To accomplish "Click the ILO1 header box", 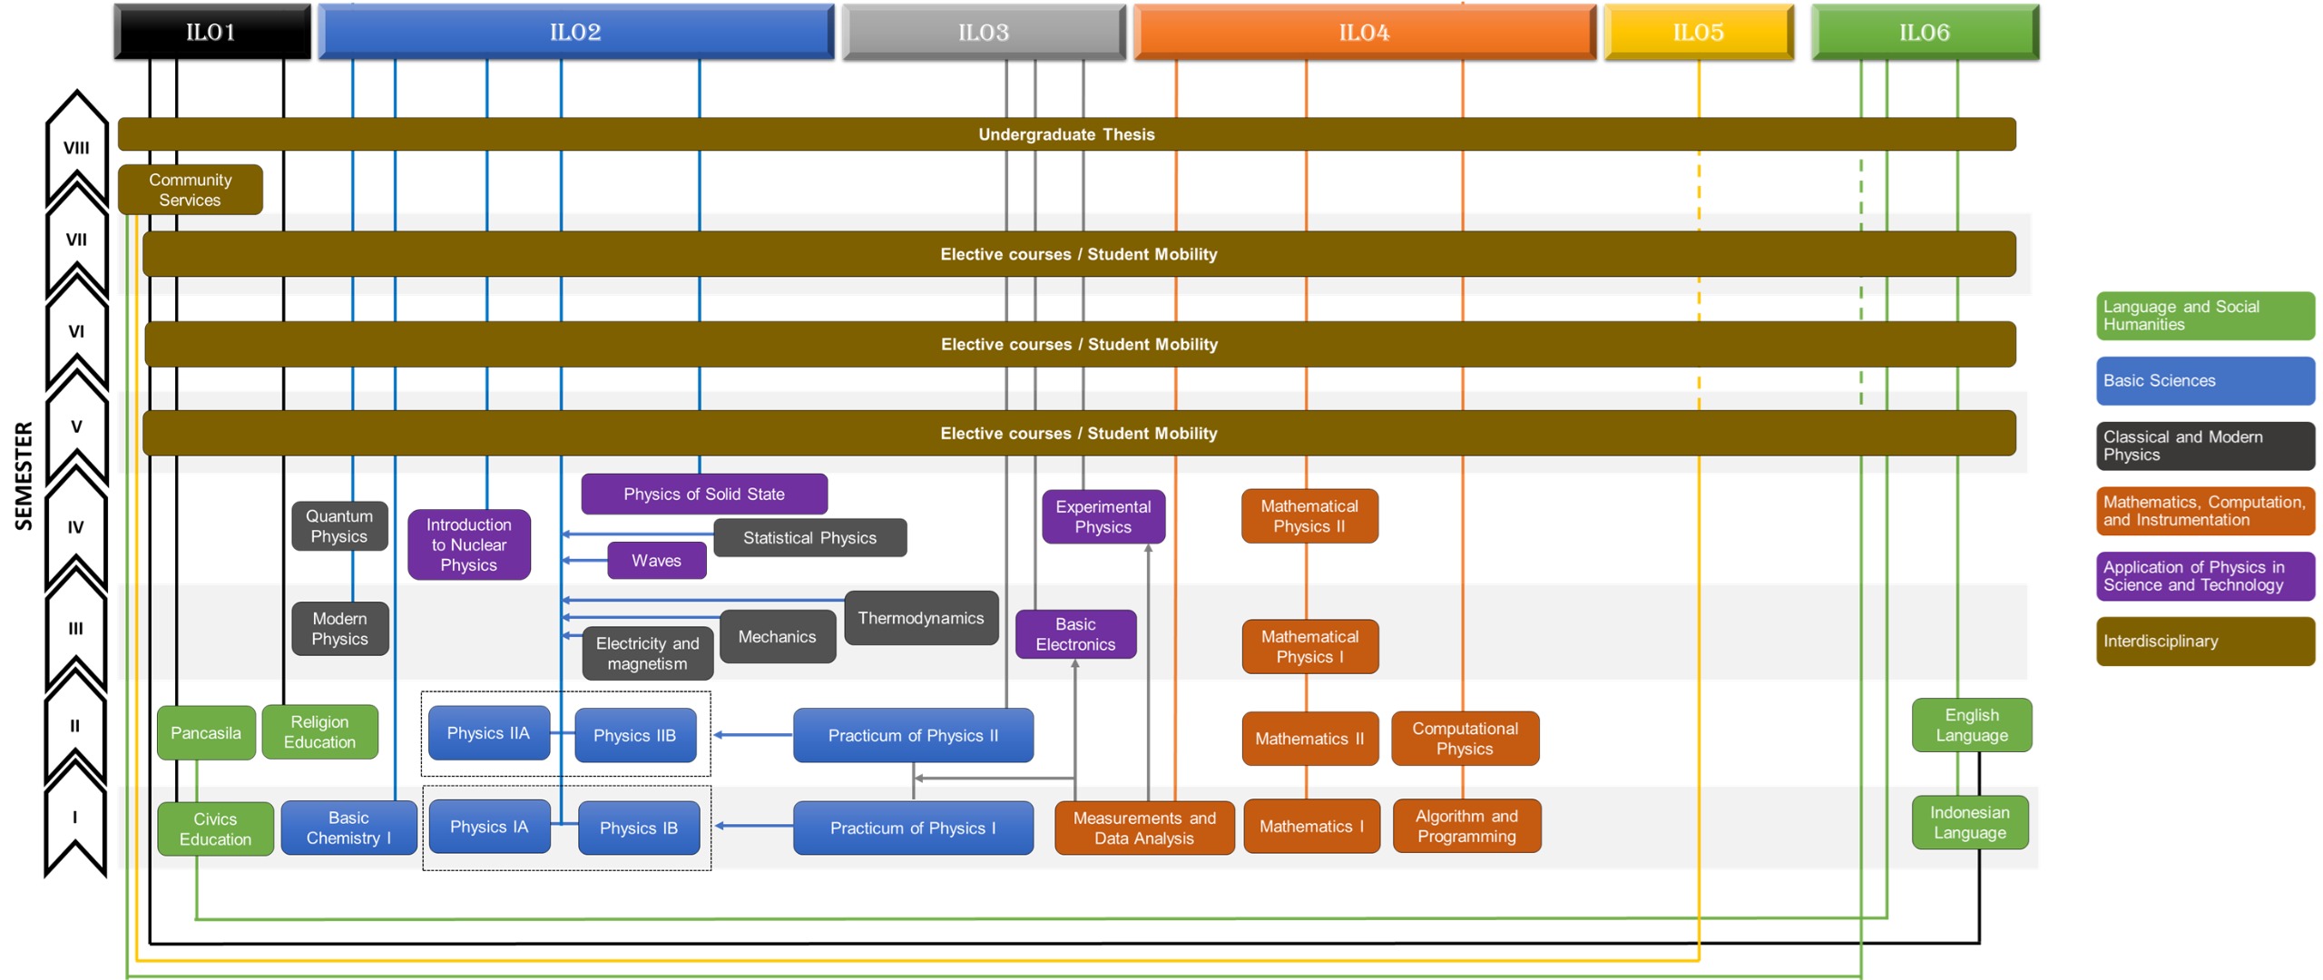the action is point(212,33).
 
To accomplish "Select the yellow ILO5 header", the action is point(1699,33).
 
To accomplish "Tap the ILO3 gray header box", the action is point(984,33).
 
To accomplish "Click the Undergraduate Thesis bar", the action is point(1067,134).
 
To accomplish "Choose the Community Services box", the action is point(191,190).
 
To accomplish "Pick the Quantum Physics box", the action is point(339,526).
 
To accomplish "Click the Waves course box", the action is point(656,561).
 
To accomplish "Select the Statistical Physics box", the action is point(810,537).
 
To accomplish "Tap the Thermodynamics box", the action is point(921,618).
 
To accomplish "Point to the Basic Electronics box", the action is point(1075,634).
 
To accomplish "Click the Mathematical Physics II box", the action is point(1309,516).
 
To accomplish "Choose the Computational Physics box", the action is point(1465,739).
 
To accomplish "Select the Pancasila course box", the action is point(206,732).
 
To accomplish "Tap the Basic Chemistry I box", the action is point(348,828).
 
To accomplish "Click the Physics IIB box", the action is point(635,735).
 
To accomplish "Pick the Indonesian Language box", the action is point(1970,823).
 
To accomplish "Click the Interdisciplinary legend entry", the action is point(2205,642).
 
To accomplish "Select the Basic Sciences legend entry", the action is point(2205,381).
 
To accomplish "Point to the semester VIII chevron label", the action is point(76,148).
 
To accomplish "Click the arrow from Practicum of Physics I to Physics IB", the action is point(754,826).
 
